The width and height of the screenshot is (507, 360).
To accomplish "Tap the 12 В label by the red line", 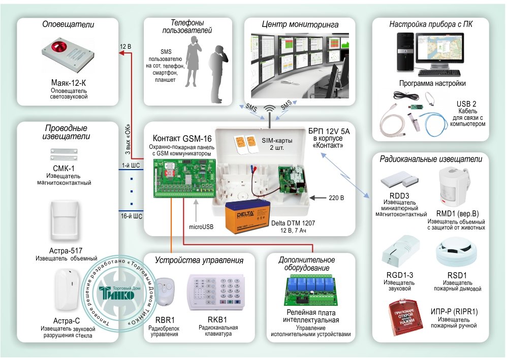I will pos(125,47).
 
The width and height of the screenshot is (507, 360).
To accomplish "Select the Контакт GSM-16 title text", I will pos(182,138).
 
